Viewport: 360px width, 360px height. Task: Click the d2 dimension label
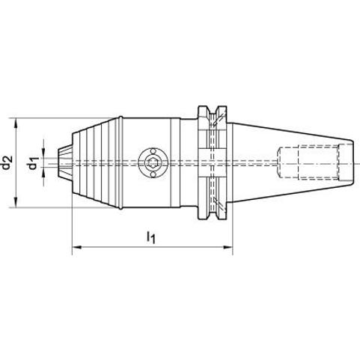[7, 162]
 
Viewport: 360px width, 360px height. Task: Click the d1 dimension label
[33, 162]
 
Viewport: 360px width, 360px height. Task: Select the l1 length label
[151, 237]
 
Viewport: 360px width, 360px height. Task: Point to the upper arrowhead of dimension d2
[16, 123]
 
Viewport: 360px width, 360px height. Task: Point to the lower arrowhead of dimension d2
[16, 202]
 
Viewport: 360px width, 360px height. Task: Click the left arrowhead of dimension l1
[77, 247]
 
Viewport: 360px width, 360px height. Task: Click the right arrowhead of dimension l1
[228, 247]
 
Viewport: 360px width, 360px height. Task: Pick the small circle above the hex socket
[153, 151]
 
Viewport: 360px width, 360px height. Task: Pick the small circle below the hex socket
[153, 176]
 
